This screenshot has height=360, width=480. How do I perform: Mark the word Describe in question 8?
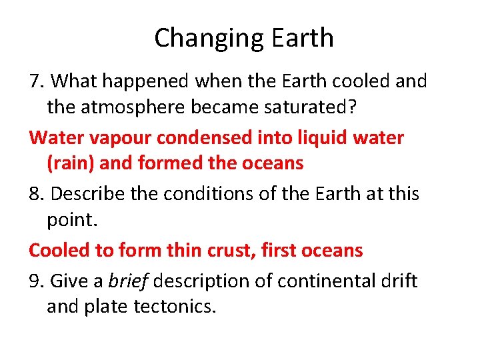[x=87, y=193]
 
